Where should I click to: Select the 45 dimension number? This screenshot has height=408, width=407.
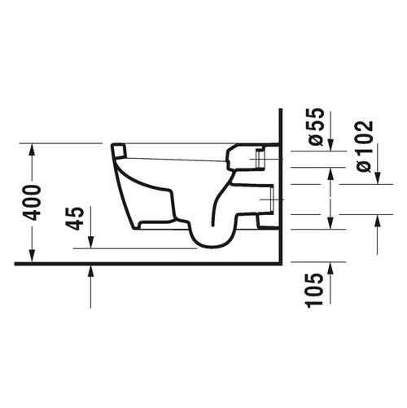tap(76, 217)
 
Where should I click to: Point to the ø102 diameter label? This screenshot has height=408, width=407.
tap(364, 146)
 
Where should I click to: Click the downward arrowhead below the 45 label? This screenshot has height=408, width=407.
tap(90, 242)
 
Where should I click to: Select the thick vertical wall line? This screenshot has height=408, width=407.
tap(278, 187)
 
